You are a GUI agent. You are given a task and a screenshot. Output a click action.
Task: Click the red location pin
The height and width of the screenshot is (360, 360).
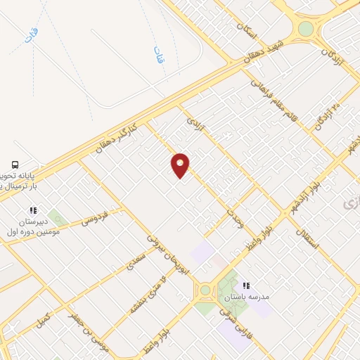(181, 165)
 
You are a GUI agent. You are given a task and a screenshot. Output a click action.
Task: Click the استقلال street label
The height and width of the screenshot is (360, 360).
(308, 238)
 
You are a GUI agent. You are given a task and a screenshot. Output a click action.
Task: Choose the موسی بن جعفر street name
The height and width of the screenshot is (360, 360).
(79, 326)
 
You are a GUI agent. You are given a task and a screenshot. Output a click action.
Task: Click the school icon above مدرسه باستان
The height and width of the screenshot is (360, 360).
(246, 285)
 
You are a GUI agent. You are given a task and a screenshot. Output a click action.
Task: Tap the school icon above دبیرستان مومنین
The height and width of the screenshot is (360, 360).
(32, 210)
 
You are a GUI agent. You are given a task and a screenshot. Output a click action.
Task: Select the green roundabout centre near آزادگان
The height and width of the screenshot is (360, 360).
(305, 29)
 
